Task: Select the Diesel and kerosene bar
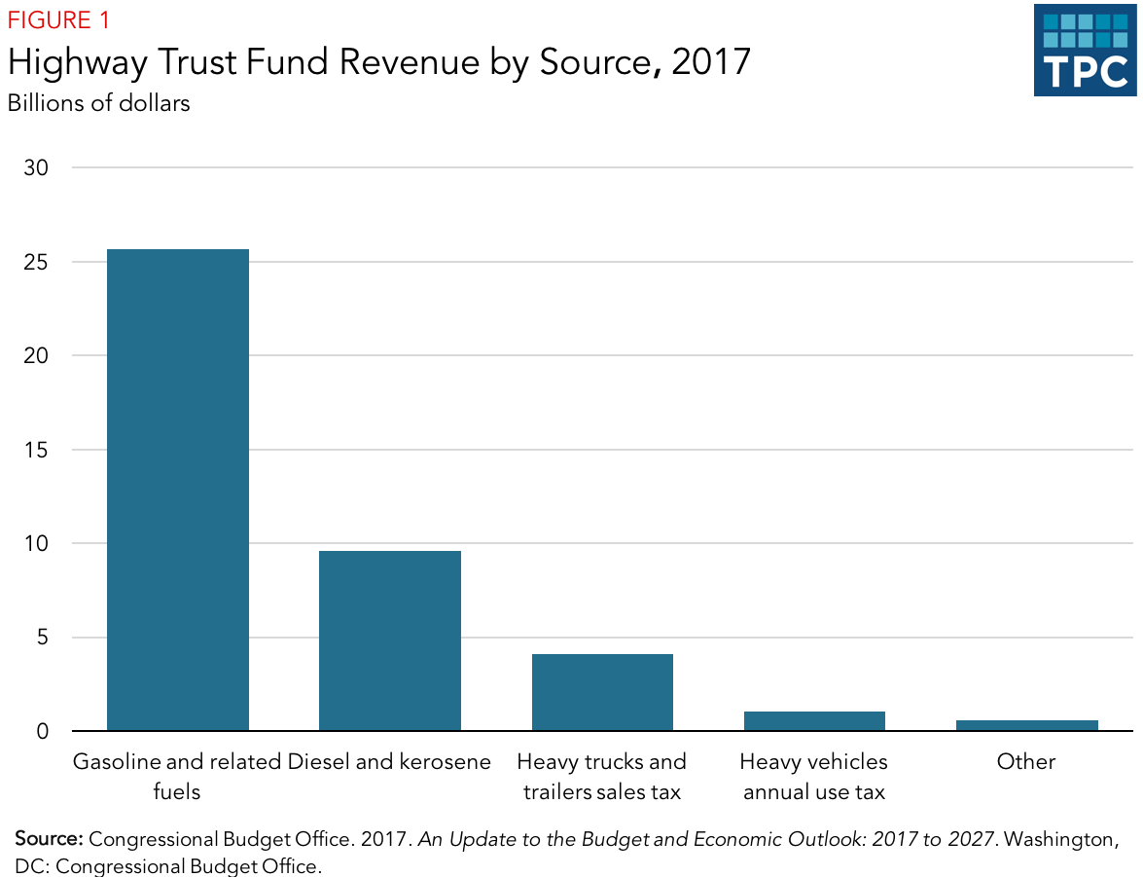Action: (389, 640)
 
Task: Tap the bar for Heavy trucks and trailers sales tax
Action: (602, 692)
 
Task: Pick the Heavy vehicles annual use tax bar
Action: (814, 721)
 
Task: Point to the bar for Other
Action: (1026, 725)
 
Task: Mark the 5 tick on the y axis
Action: (41, 638)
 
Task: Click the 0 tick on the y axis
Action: (41, 731)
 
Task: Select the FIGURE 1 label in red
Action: (58, 20)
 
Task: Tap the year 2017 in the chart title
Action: (710, 61)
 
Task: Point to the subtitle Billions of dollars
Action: (98, 102)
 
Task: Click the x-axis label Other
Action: (1026, 762)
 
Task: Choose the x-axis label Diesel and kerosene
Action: (389, 762)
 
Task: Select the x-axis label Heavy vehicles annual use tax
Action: (814, 777)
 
